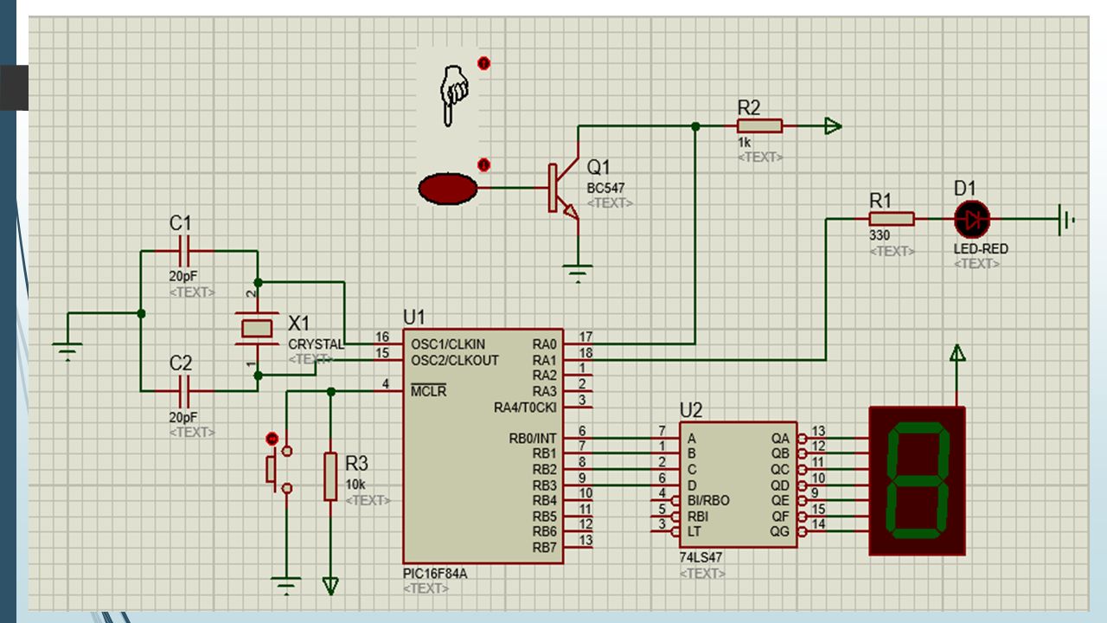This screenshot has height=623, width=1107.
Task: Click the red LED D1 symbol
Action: click(972, 220)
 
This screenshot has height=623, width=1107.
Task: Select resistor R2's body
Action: click(759, 126)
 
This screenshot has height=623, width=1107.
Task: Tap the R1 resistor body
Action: click(892, 219)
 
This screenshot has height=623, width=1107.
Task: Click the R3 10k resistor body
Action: click(330, 477)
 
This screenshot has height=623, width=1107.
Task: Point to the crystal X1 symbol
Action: click(257, 328)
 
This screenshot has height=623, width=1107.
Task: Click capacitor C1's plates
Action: click(184, 251)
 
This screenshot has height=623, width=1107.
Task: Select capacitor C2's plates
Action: click(184, 391)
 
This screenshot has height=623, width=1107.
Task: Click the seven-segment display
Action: click(918, 480)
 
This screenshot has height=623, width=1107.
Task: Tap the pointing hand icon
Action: click(453, 95)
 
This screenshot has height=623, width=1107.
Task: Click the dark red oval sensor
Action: click(448, 189)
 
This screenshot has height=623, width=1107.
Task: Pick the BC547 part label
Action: click(605, 188)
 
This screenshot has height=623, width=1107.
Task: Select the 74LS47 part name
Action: click(701, 558)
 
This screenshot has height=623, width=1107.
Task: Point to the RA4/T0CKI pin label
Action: click(525, 408)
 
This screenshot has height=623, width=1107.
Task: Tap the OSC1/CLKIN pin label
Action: click(448, 344)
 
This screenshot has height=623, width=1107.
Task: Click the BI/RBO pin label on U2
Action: click(708, 500)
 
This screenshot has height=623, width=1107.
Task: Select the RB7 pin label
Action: click(544, 548)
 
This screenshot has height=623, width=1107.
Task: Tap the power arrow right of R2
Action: click(833, 126)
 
